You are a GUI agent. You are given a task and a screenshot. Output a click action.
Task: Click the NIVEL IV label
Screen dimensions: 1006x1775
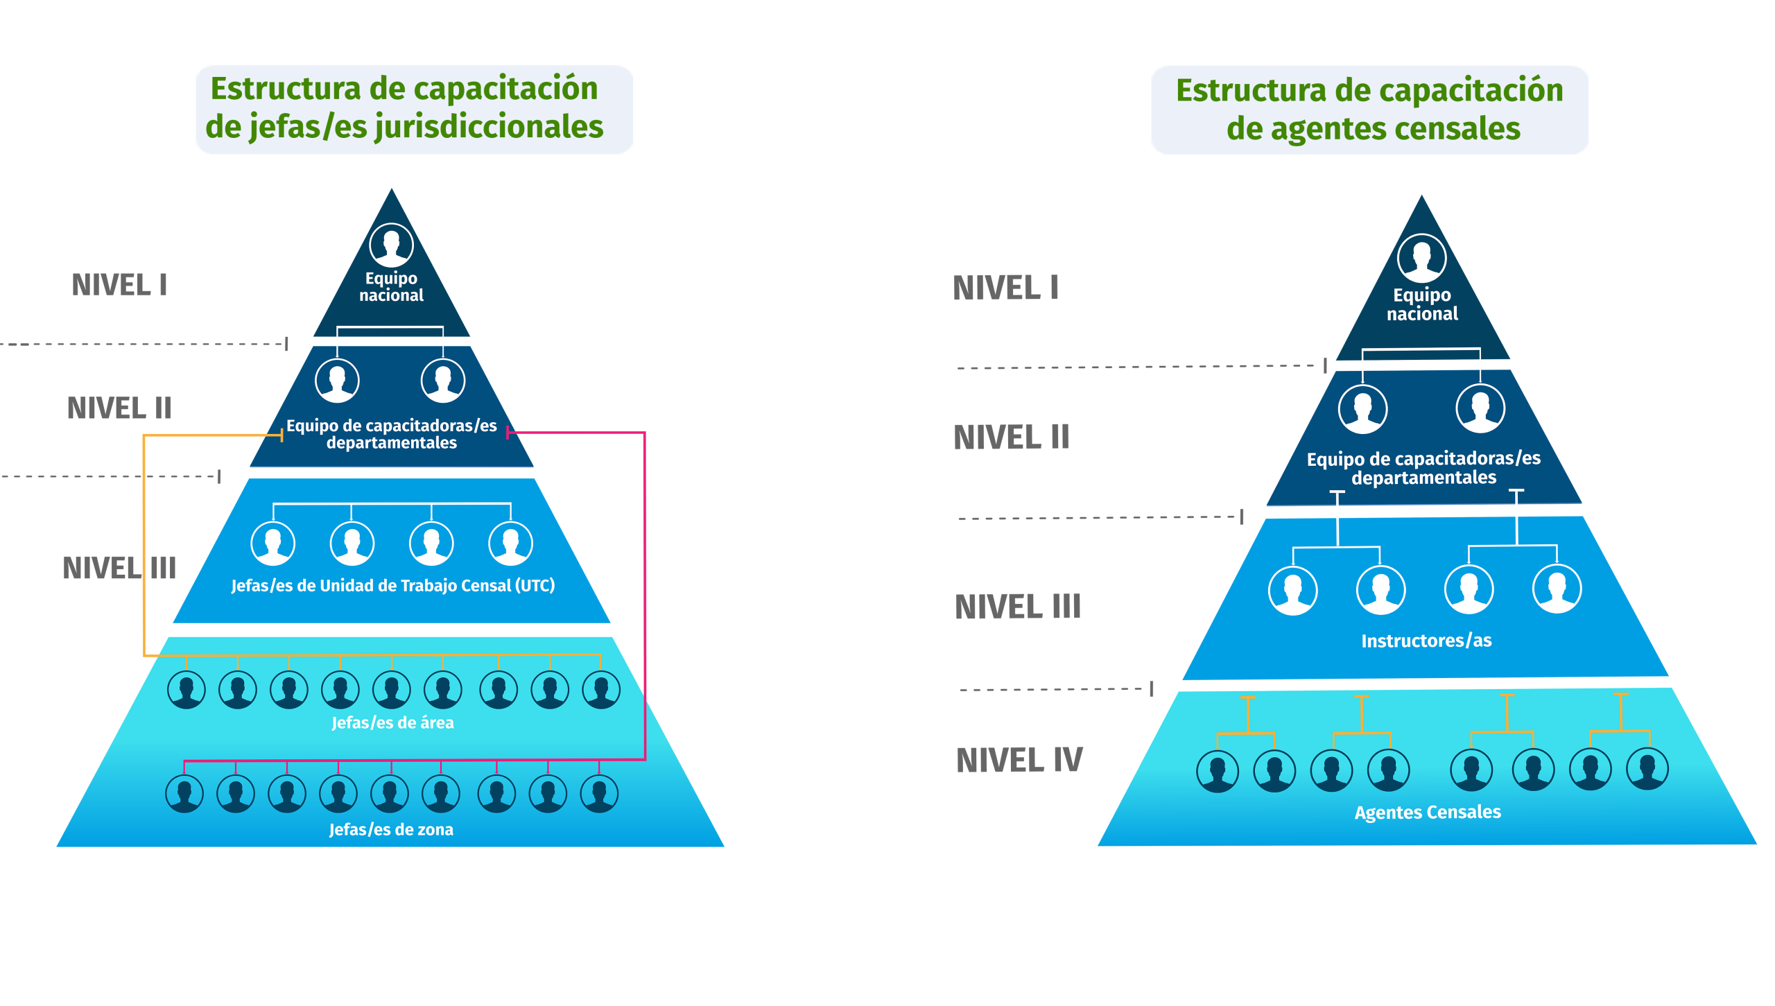point(1019,760)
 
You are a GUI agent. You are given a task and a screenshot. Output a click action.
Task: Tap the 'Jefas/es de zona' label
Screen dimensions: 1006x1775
point(391,829)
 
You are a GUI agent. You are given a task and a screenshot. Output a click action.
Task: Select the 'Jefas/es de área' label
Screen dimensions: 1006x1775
point(392,722)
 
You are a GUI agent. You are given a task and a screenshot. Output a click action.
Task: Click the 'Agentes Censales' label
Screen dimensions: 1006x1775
point(1428,812)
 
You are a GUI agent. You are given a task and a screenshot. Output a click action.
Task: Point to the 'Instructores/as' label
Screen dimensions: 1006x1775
point(1426,641)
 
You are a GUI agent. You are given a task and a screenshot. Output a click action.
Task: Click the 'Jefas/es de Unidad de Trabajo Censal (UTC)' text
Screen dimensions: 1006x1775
point(392,585)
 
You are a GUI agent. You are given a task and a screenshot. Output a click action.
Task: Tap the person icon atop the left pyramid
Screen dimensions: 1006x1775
point(391,245)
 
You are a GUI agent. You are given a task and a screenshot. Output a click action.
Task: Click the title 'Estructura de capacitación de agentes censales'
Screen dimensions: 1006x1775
point(1369,110)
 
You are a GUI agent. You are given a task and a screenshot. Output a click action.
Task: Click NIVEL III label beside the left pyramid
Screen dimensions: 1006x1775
point(119,568)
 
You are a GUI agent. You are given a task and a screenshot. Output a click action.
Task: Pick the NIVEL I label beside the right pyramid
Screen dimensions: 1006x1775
point(1005,288)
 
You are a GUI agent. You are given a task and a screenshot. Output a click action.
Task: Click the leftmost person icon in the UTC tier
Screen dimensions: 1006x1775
point(272,544)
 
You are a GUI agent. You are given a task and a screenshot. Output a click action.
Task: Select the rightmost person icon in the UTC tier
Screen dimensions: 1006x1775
point(510,544)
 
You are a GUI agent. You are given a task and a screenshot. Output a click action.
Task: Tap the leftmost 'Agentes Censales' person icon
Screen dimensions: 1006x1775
point(1218,770)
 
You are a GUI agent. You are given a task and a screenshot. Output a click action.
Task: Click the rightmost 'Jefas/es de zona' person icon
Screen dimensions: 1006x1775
point(599,793)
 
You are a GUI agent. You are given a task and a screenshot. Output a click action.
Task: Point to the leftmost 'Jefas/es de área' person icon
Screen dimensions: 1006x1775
point(186,690)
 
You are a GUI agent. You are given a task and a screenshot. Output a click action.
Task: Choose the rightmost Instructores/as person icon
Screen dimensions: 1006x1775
point(1557,590)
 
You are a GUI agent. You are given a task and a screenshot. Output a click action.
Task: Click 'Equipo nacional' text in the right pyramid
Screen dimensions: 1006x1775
point(1422,304)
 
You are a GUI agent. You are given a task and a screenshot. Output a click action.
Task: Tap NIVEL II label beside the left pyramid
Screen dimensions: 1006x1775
point(119,408)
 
